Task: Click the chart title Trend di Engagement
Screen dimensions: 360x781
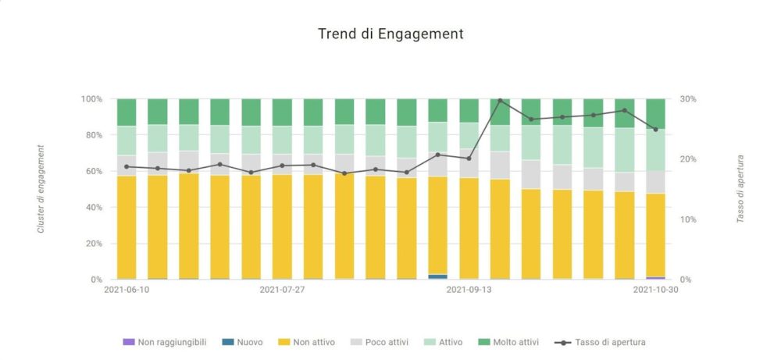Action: click(390, 34)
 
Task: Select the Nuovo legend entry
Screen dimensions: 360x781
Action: click(243, 342)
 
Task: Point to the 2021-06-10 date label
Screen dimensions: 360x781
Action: click(127, 289)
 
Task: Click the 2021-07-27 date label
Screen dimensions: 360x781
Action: click(282, 289)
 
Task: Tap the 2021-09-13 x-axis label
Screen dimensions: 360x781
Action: click(469, 289)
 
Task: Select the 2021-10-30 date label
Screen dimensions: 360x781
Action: click(654, 289)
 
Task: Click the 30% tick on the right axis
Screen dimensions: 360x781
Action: click(688, 99)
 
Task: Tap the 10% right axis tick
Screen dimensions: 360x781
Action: click(688, 219)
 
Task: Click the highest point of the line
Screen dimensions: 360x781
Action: click(500, 101)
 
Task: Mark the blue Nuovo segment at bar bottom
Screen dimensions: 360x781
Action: click(438, 276)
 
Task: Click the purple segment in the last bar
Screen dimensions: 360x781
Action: click(655, 278)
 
